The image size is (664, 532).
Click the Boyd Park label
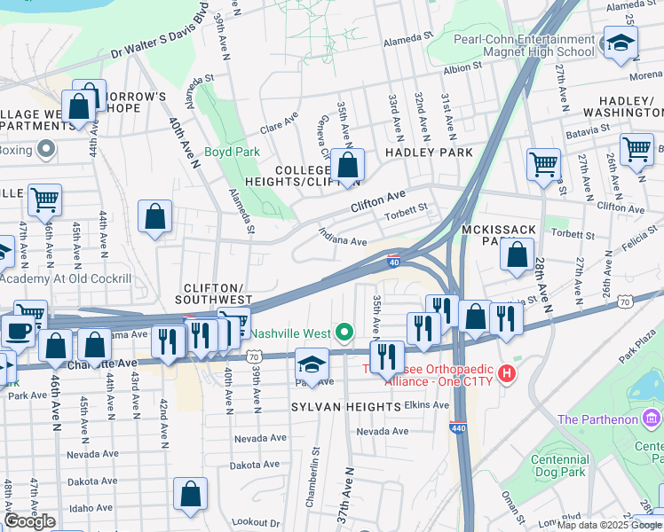[x=232, y=152]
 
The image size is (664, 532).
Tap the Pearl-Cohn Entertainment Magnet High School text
[x=523, y=45]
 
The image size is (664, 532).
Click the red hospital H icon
[x=507, y=374]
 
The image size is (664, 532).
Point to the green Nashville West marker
[x=346, y=334]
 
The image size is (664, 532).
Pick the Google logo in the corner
[x=29, y=520]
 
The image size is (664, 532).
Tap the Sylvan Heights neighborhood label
[x=346, y=406]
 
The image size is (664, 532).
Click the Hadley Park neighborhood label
[x=429, y=153]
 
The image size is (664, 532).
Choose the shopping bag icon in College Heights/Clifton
[x=350, y=164]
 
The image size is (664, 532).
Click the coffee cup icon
[x=18, y=331]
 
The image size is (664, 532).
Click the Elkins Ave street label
[x=427, y=404]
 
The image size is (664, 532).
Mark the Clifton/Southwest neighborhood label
[x=218, y=294]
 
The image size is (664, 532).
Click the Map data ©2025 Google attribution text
[x=609, y=524]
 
